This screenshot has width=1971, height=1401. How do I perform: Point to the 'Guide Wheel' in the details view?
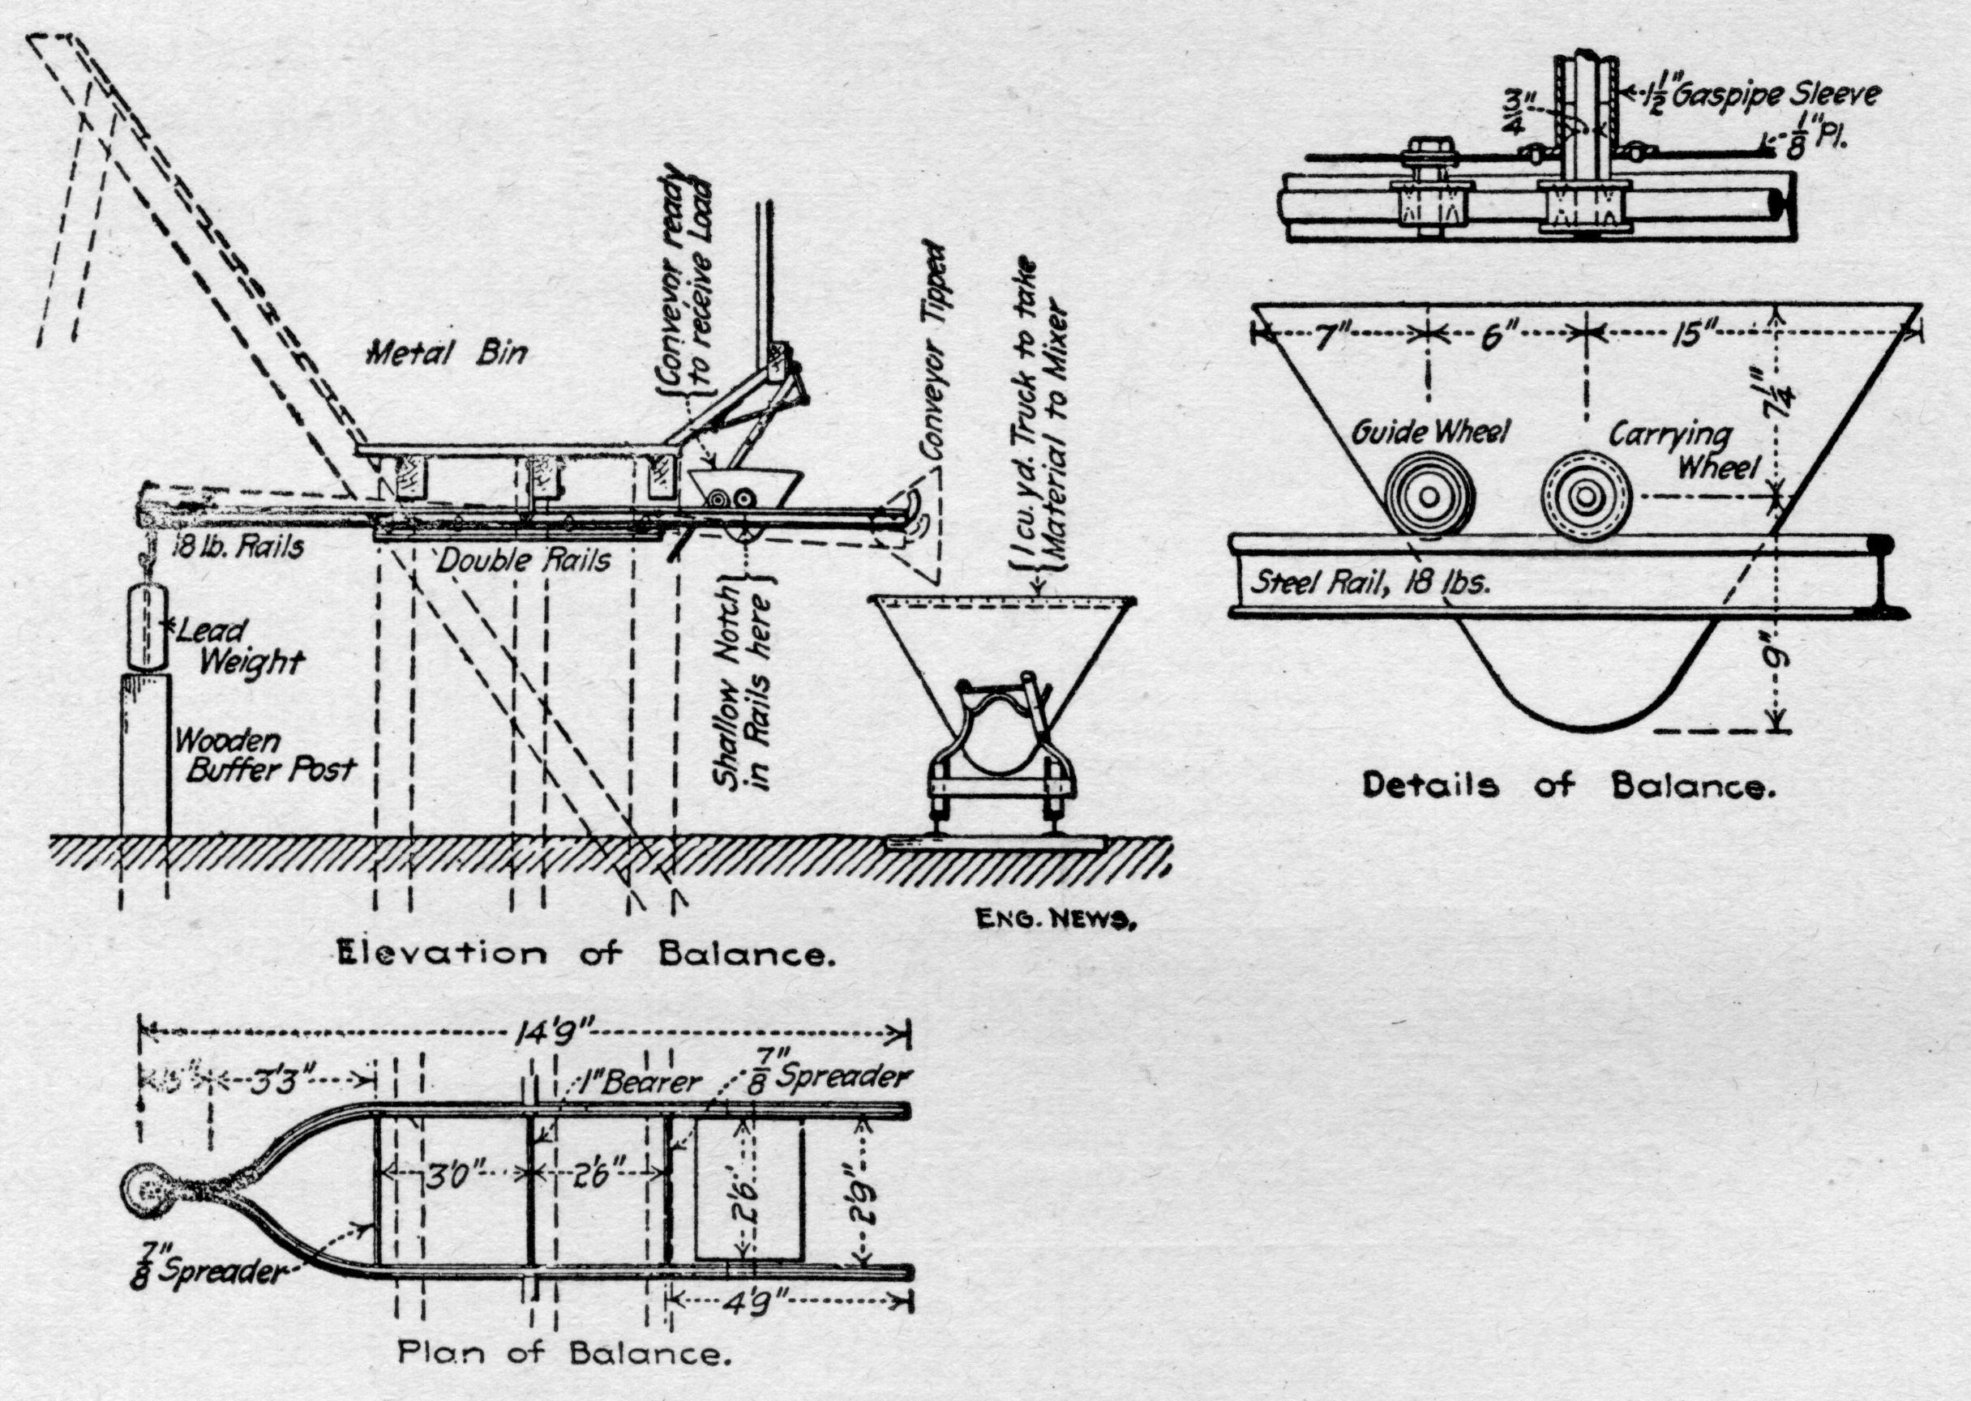point(1424,497)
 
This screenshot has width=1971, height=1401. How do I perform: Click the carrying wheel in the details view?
point(1586,497)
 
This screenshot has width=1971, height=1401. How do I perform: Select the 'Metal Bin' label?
point(446,352)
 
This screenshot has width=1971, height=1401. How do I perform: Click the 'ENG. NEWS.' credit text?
point(1054,920)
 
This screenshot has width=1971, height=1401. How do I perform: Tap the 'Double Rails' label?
point(523,561)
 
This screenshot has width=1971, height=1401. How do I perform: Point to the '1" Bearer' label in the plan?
point(639,1083)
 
